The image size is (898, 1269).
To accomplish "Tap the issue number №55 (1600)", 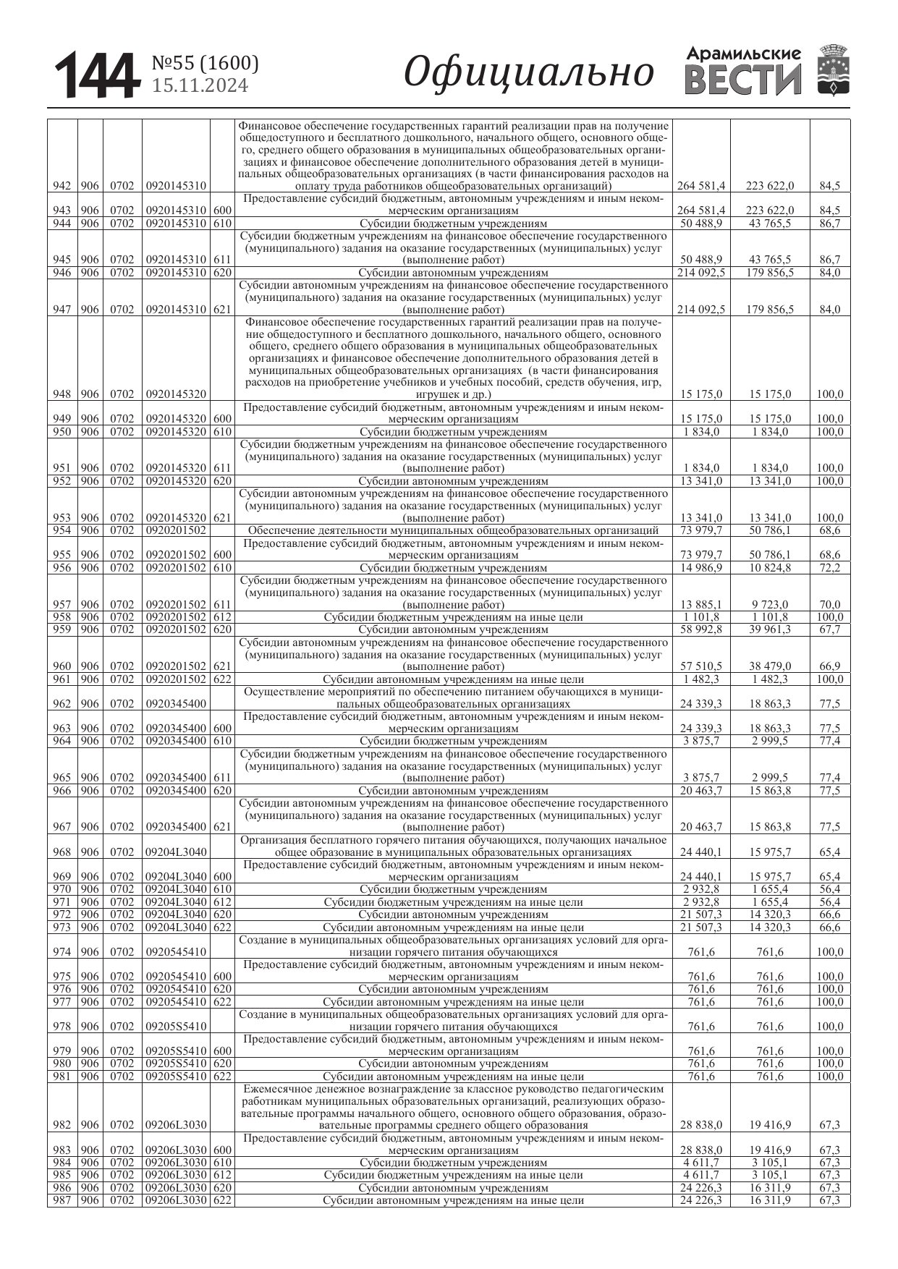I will [x=205, y=64].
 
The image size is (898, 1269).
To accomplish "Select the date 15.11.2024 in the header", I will [x=199, y=86].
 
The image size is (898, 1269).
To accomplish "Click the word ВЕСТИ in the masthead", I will [x=743, y=80].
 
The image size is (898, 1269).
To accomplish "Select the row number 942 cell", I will [x=62, y=186].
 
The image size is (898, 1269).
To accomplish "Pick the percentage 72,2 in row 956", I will [x=829, y=568].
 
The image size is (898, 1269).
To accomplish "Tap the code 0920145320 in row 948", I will [x=176, y=394].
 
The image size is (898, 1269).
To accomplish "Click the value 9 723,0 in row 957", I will [x=770, y=605].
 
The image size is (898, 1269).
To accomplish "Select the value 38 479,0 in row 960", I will [x=770, y=666].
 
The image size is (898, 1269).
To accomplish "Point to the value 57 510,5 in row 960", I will [x=701, y=666].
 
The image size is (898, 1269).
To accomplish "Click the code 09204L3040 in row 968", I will [x=176, y=852].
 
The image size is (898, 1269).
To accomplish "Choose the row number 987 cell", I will [x=62, y=1200].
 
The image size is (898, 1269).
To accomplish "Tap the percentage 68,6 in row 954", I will [x=829, y=530].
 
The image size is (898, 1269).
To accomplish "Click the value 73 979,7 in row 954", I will [x=701, y=530].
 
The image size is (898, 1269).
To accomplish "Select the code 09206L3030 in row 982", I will [x=176, y=1125].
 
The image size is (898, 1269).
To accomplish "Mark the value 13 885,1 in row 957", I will [x=701, y=605].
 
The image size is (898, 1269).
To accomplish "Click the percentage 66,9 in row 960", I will [x=829, y=666].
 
